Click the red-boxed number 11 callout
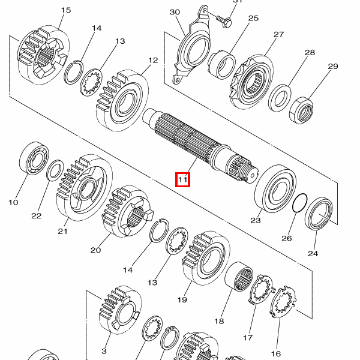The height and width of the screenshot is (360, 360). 183,179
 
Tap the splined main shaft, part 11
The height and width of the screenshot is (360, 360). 200,145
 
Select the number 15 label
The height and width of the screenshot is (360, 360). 66,10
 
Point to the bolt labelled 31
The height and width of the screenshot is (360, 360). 224,20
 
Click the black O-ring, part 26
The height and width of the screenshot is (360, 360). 299,203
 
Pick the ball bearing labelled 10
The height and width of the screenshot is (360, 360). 34,158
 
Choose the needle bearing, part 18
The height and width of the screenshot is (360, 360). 239,277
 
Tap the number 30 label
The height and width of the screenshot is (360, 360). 175,12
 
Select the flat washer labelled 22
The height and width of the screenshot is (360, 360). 55,170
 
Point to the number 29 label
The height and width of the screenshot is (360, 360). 333,67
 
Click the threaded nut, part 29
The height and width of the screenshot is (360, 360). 301,110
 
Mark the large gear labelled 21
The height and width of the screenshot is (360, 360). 85,188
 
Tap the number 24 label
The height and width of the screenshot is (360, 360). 313,253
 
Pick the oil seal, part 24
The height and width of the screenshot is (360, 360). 319,214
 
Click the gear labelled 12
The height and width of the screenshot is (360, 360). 122,101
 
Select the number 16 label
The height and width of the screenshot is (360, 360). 276,353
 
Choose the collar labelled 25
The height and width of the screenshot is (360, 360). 222,64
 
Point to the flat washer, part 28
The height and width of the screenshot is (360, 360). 280,98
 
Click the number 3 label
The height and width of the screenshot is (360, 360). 104,351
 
